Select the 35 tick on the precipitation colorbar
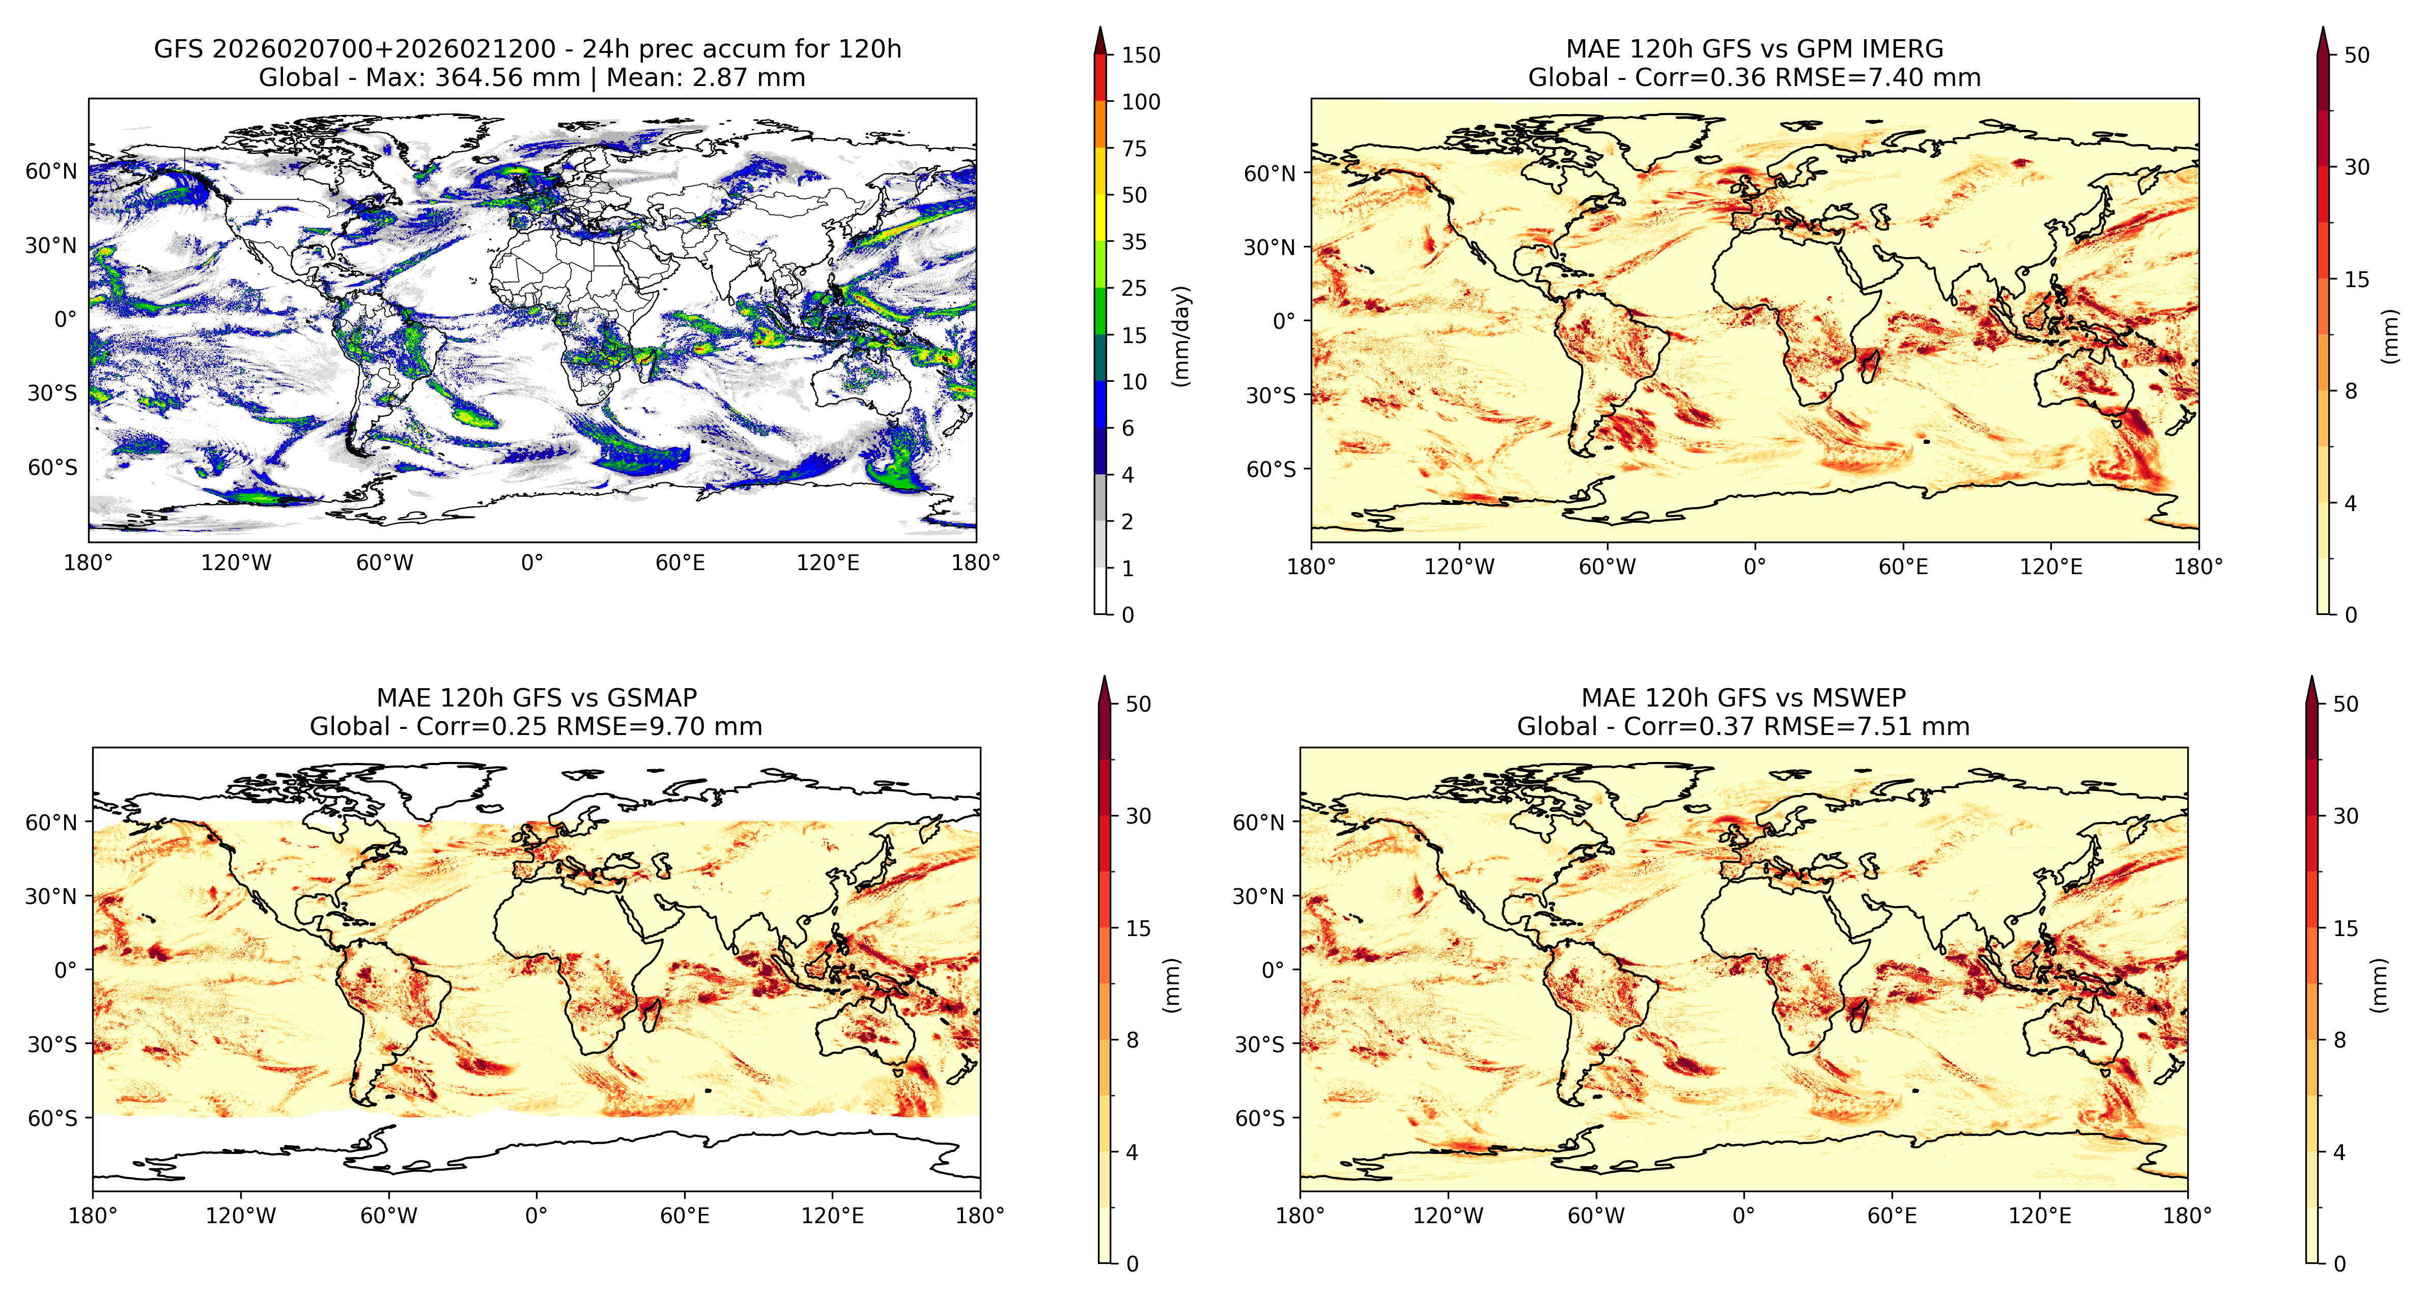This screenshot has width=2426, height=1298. point(1134,242)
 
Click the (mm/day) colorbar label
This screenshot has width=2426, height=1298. point(1181,335)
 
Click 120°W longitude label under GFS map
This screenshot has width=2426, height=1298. point(236,563)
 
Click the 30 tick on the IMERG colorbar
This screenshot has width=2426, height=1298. point(2356,167)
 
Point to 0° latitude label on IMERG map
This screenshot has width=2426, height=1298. point(1285,321)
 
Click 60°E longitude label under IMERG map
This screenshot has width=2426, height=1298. point(1903,567)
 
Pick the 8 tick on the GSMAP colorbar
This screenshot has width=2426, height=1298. point(1132,1040)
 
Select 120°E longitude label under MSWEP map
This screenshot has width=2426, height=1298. point(2040,1216)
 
